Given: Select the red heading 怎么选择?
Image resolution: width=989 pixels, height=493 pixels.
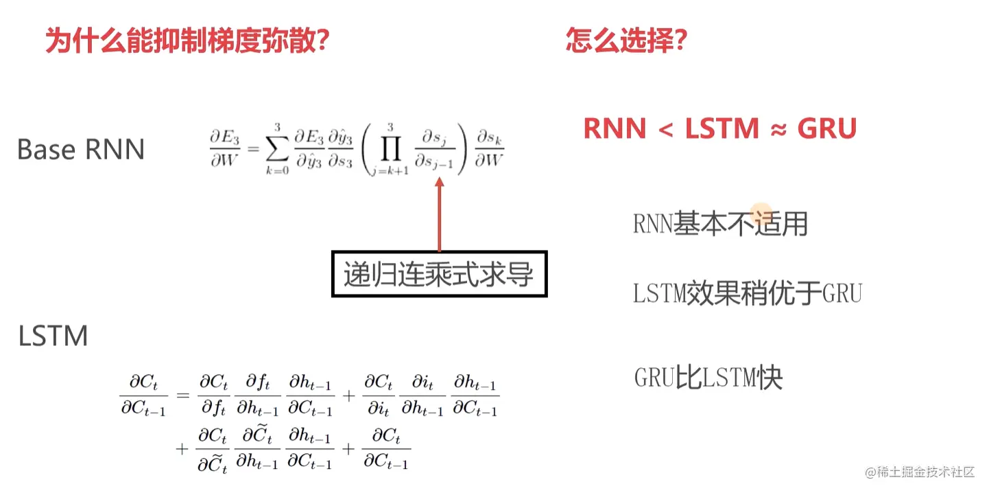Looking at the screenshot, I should coord(626,41).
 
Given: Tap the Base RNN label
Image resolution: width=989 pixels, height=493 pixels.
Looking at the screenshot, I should coord(81,149).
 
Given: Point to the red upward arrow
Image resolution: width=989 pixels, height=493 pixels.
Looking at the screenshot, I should coord(439,214).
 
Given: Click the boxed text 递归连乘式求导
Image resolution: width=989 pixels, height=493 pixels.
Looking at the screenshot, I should coord(439,274).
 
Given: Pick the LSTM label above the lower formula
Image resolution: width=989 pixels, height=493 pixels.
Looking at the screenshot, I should coord(53,336).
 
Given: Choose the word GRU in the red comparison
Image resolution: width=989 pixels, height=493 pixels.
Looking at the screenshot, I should coord(827,129).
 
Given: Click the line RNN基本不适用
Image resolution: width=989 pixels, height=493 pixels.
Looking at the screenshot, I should coord(720,223).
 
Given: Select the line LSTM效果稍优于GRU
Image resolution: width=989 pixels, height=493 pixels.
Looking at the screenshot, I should coord(747,294).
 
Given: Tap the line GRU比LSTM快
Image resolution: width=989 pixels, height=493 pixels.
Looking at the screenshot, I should coord(708,378).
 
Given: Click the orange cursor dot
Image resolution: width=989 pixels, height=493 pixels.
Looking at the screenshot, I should coord(761,214).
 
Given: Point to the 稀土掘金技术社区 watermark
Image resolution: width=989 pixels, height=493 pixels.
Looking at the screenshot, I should coord(920,472).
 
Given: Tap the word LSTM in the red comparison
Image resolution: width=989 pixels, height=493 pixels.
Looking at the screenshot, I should coord(722,129).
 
